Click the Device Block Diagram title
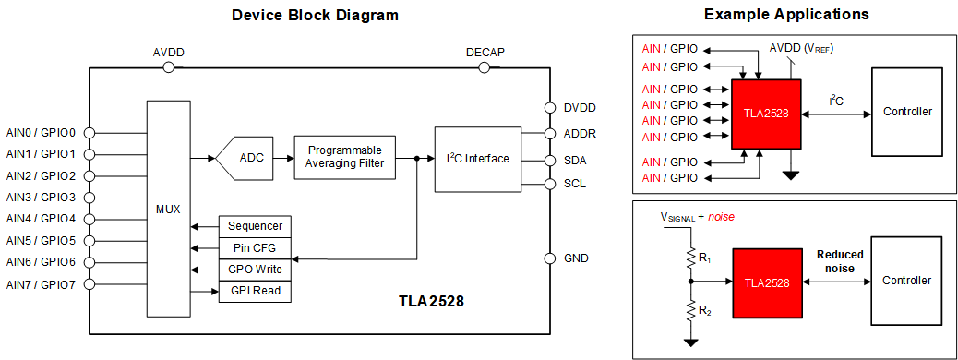(315, 15)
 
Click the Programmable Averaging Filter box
(344, 157)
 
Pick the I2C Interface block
(477, 159)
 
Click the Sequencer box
(255, 226)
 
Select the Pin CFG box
(255, 248)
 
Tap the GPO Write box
(255, 270)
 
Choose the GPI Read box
(255, 292)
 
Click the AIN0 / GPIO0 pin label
(41, 132)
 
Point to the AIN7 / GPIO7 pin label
(41, 284)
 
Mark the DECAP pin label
(485, 53)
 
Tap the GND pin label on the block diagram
(576, 258)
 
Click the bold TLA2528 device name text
(431, 302)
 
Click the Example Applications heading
(785, 15)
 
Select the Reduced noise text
(840, 261)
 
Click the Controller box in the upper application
(907, 113)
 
